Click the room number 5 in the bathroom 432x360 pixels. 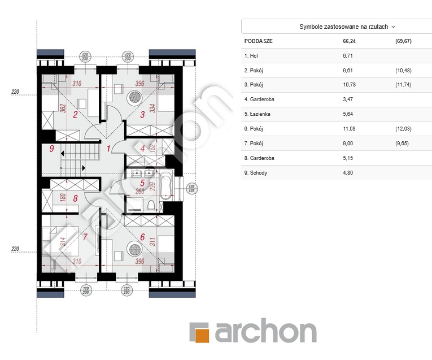(x=142, y=183)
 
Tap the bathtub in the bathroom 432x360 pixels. (x=166, y=185)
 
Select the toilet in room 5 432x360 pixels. (x=151, y=205)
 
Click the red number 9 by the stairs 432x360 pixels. (x=51, y=149)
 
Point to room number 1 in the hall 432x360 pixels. (x=108, y=149)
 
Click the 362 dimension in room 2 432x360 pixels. (x=63, y=108)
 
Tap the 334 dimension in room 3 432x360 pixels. (x=152, y=108)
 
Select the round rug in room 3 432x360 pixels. (x=135, y=97)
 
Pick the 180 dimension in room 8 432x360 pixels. (x=63, y=197)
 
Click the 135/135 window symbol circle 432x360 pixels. (x=191, y=189)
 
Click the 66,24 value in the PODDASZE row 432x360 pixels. (x=349, y=41)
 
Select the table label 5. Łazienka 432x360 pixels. (x=257, y=114)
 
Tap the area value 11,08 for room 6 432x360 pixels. (x=349, y=128)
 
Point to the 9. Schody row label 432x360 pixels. (x=255, y=173)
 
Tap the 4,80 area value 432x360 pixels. (x=348, y=173)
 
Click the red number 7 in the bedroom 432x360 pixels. (x=85, y=237)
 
